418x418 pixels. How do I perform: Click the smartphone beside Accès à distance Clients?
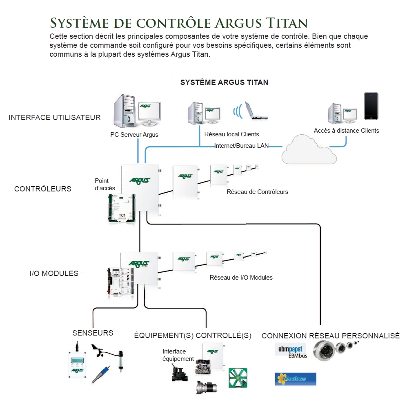pos(371,106)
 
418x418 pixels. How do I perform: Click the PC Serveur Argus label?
pos(134,135)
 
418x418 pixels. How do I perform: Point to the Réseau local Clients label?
pos(231,134)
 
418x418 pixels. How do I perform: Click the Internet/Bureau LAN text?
pos(241,146)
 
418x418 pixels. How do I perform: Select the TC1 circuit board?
pos(121,208)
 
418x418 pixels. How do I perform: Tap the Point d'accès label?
pos(105,185)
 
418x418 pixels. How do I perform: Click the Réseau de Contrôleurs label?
pos(257,192)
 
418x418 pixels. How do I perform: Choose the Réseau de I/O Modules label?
pos(241,278)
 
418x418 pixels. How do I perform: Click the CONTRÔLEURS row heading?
pos(43,189)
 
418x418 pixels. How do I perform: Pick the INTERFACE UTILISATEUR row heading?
pos(55,118)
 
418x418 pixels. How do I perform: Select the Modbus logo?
pos(296,379)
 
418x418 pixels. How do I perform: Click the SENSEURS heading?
pos(93,333)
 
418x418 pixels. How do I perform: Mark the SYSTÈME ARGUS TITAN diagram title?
pos(224,82)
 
